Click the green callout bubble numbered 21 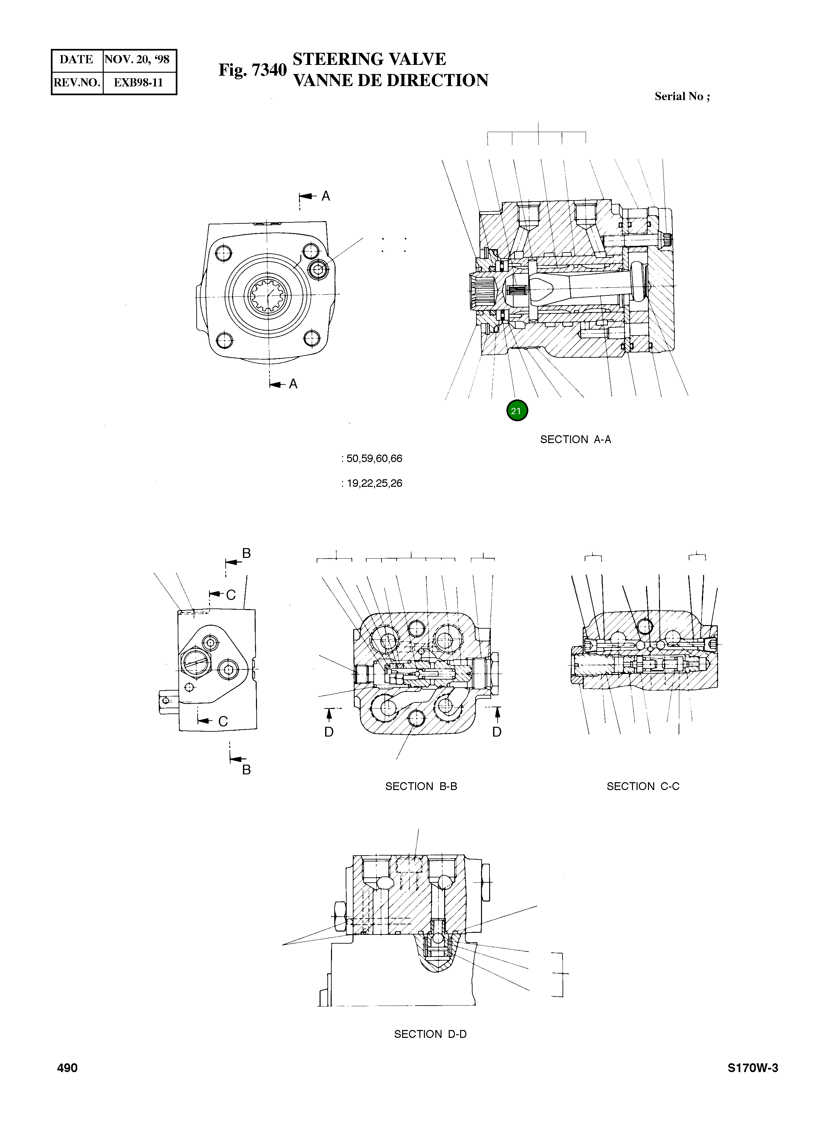coord(517,411)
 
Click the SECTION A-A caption coord(575,440)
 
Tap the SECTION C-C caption coord(643,786)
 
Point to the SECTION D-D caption coord(430,1034)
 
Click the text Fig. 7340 coord(252,70)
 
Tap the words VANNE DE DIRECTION coord(390,81)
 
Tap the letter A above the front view coord(325,196)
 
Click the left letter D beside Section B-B coord(328,732)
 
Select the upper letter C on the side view coord(231,595)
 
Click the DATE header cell coord(77,60)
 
